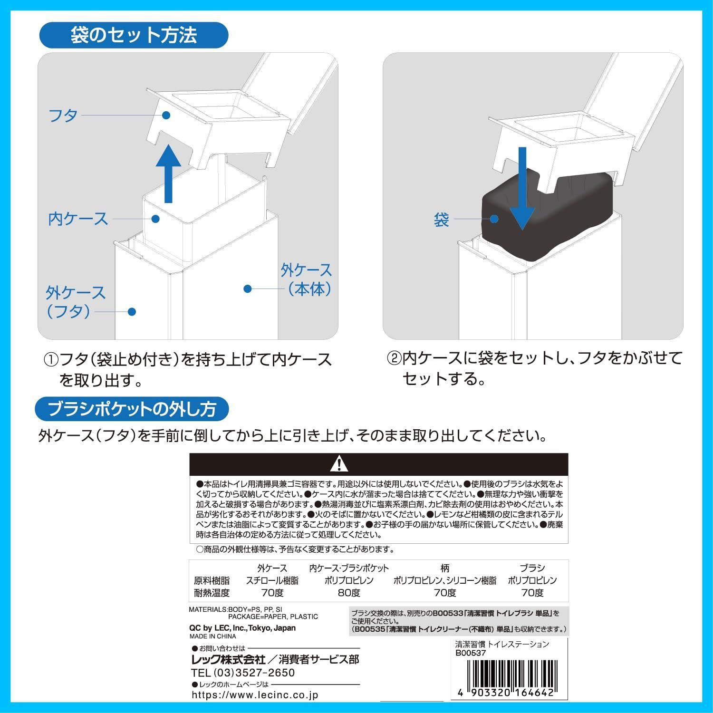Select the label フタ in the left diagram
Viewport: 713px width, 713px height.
coord(63,116)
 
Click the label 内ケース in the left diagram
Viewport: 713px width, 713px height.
coord(78,219)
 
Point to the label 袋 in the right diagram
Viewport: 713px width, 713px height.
coord(442,220)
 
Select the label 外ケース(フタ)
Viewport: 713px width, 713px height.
coord(75,302)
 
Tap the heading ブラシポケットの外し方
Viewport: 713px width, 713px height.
coord(132,409)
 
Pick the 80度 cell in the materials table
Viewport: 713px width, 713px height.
coord(349,593)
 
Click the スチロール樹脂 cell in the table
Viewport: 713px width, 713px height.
coord(272,580)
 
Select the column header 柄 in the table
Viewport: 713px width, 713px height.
coord(444,568)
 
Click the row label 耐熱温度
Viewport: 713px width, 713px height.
coord(212,593)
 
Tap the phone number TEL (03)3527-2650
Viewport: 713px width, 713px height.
coord(243,673)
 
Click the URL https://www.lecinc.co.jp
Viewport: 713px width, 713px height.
coord(255,695)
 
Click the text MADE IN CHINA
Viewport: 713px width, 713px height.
coord(212,636)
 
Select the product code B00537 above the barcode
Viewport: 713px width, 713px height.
coord(471,653)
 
